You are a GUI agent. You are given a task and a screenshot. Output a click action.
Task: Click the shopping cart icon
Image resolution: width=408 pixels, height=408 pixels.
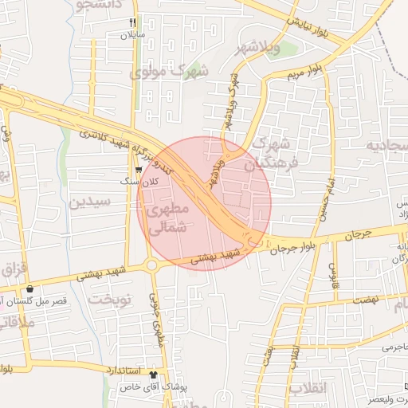pyautogui.click(x=139, y=169)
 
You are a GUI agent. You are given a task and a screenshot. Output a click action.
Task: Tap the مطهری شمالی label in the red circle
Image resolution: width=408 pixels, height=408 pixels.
pyautogui.click(x=167, y=218)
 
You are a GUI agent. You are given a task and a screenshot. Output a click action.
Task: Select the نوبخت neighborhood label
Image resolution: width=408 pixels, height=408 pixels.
pyautogui.click(x=108, y=300)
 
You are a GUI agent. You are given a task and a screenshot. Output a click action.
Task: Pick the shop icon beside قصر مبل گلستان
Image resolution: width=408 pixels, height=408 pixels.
pyautogui.click(x=30, y=288)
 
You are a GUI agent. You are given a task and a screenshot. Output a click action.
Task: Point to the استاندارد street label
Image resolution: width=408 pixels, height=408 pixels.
pyautogui.click(x=124, y=371)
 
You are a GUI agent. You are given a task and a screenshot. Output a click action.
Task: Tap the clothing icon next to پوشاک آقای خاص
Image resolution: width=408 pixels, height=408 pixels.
pyautogui.click(x=153, y=373)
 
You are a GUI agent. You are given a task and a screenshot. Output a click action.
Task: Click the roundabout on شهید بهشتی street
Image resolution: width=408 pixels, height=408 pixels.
pyautogui.click(x=151, y=265)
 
